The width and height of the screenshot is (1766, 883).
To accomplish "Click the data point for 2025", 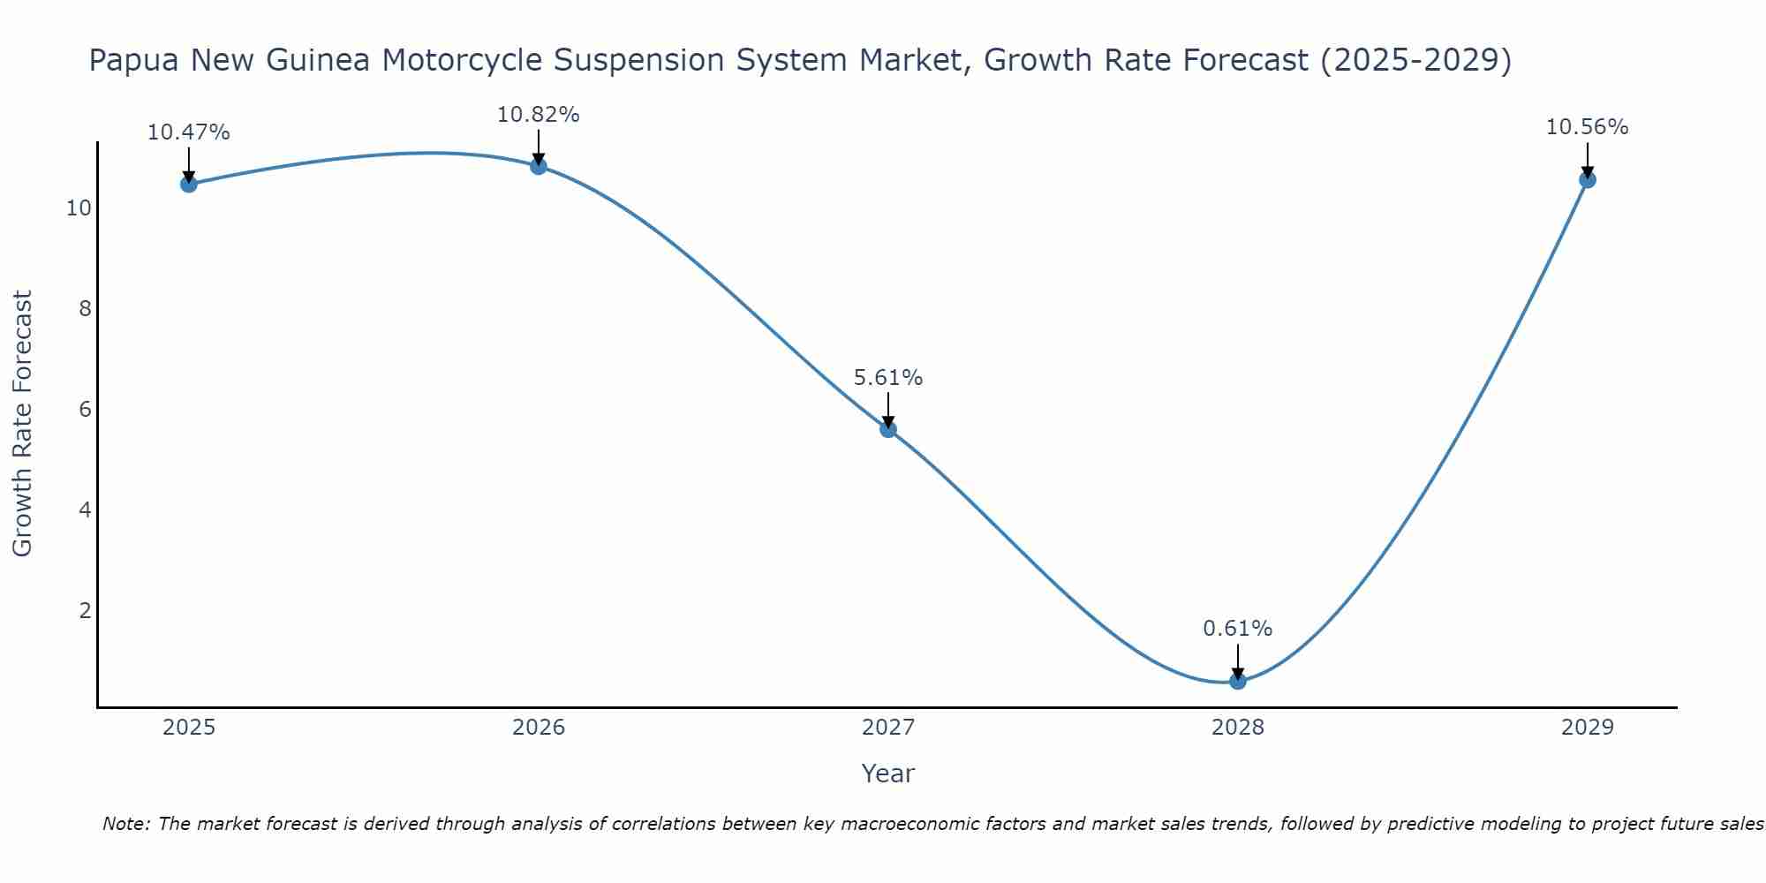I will tap(188, 184).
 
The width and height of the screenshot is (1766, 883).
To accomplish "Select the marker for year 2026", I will tap(538, 166).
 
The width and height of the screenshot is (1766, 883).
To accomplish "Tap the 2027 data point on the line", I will tap(887, 429).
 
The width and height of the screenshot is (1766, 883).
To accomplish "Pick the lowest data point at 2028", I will tap(1237, 681).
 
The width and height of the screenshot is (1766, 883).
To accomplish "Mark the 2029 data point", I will tap(1587, 180).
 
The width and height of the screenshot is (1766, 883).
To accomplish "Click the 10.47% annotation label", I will tap(188, 132).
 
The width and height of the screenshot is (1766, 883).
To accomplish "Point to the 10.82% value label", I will tap(538, 115).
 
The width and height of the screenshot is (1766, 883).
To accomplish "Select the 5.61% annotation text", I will tap(887, 378).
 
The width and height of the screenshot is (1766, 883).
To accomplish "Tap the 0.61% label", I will tap(1237, 629).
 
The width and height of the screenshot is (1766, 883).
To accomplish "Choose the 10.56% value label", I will tap(1587, 127).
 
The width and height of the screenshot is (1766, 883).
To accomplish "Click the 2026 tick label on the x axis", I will tap(539, 728).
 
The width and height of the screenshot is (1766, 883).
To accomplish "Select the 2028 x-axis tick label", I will tap(1237, 728).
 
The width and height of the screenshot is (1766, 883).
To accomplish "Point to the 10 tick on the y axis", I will tap(79, 208).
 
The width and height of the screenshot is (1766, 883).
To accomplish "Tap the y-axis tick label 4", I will tap(85, 510).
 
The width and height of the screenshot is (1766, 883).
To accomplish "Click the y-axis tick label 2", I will tap(85, 611).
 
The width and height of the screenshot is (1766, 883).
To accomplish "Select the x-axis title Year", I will tap(887, 774).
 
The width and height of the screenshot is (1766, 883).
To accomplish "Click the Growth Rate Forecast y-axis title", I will tap(22, 424).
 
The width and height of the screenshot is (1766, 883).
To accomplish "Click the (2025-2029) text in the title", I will tap(1415, 60).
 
